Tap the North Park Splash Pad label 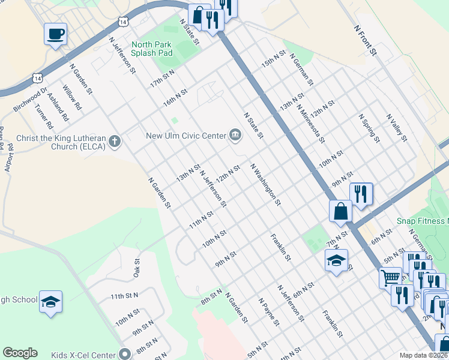pos(152,49)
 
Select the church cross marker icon pos(115,142)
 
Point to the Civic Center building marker pos(235,135)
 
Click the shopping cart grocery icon pos(390,277)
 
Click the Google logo pos(20,353)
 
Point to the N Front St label pos(365,41)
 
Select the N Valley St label pos(397,128)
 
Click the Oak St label pos(136,269)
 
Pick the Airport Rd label pos(10,158)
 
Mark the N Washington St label pos(265,184)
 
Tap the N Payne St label pos(268,311)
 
